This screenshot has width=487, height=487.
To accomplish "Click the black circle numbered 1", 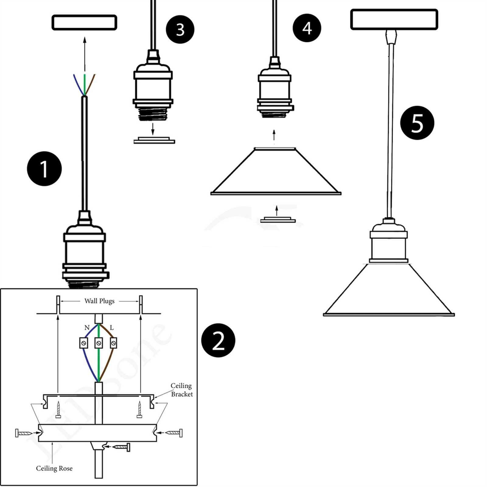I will [44, 169].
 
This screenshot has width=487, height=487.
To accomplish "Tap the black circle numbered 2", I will [218, 340].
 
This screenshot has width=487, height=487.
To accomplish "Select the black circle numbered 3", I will [180, 29].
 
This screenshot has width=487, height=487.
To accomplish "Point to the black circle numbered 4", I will [307, 28].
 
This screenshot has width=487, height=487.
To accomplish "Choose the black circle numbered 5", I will [417, 123].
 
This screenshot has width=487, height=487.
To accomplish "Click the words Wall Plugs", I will [99, 301].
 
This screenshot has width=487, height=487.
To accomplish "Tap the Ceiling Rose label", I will [54, 468].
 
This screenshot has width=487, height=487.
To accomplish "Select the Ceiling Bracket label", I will [181, 390].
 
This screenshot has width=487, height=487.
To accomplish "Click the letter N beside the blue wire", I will [87, 328].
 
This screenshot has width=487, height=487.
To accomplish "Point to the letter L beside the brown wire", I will [112, 328].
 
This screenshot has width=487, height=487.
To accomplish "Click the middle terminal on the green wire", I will [99, 343].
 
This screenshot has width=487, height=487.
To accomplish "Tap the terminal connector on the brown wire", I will [114, 343].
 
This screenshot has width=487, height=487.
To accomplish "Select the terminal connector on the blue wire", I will [83, 343].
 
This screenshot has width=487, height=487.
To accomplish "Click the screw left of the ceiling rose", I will [24, 433].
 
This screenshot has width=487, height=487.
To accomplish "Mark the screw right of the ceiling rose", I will [174, 433].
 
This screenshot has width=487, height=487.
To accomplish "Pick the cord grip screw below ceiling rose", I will [122, 447].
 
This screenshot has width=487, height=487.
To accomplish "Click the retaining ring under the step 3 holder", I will [154, 140].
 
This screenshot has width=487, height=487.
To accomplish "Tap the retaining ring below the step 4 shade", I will [278, 219].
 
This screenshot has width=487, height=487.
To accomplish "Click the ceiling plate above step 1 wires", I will [84, 23].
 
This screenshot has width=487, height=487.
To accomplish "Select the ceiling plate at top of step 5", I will [394, 19].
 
